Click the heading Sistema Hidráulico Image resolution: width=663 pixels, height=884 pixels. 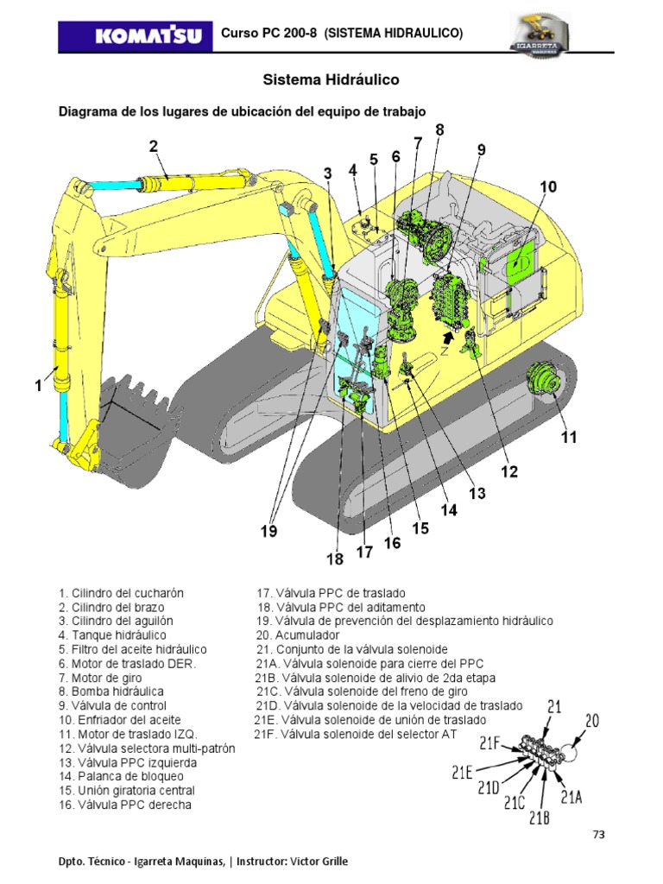point(331,79)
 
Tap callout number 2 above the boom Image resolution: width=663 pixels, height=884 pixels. point(154,147)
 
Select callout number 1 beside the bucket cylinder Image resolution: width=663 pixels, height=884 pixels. point(38,388)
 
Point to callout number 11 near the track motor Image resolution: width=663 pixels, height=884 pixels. point(568,438)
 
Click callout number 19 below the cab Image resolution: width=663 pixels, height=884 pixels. point(270,532)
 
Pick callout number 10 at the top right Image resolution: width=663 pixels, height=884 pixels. point(549,187)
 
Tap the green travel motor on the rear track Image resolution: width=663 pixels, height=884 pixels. point(542,381)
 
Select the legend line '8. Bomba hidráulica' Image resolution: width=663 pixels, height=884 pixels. point(111,691)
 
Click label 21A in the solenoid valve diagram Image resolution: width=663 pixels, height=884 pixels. point(571,796)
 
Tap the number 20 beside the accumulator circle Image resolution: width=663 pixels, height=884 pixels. point(592,719)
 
